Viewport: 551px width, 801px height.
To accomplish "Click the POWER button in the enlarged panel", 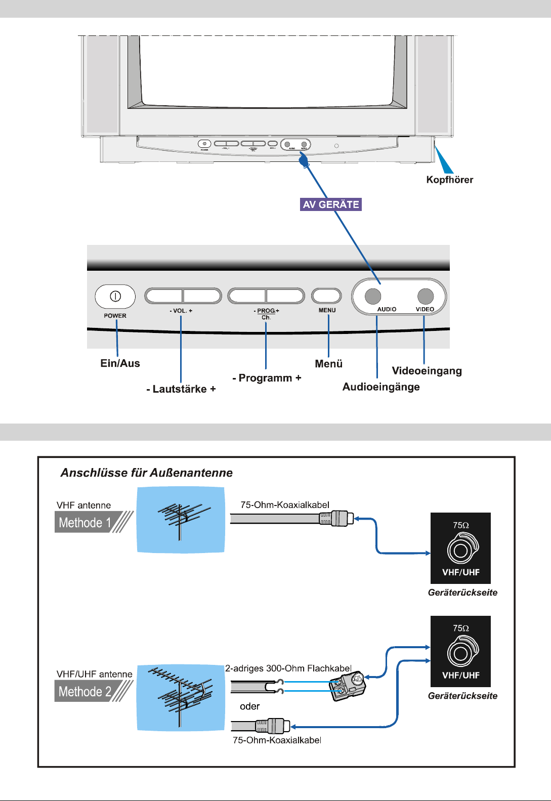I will pos(115,297).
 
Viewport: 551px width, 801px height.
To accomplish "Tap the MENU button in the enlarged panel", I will pos(326,296).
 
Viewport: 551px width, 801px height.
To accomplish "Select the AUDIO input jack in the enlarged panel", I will pos(373,296).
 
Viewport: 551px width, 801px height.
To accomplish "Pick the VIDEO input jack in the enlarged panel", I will pos(426,296).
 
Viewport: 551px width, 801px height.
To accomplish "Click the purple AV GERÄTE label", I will pos(331,204).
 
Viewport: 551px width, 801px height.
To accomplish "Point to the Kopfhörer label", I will pos(449,180).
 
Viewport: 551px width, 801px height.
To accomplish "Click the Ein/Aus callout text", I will pos(120,363).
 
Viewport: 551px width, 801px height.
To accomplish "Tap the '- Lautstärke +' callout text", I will pos(181,389).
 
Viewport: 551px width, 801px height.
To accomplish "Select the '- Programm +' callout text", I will pos(267,378).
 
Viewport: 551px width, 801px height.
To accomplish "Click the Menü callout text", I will pos(329,364).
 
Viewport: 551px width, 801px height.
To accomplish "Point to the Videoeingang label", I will pos(427,371).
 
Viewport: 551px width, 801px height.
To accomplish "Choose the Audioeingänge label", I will pos(381,387).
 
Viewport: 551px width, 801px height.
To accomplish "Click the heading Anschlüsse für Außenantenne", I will pos(147,473).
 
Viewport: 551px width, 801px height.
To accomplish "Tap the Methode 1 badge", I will pos(85,523).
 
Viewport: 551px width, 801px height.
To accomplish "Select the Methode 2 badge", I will pos(85,691).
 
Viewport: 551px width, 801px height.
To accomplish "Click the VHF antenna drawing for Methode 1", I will pos(181,520).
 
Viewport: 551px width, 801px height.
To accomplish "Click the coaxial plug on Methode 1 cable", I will pos(337,519).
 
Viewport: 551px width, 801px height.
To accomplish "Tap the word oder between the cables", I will pos(249,706).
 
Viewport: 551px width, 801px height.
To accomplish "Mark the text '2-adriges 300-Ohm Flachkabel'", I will pos(288,668).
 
